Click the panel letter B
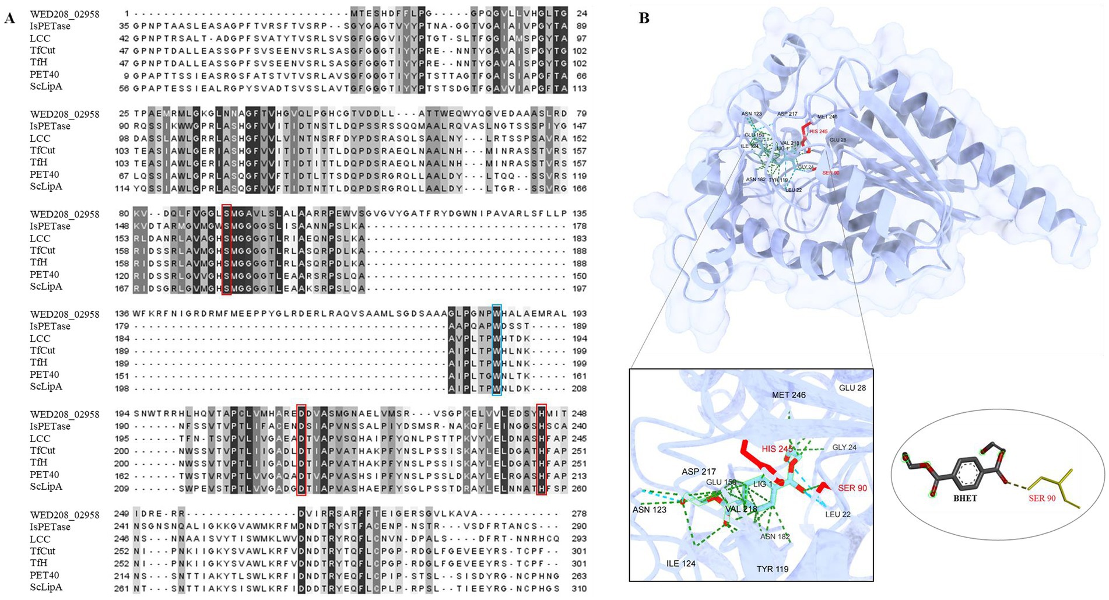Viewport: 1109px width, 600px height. (644, 18)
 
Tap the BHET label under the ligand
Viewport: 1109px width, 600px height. (965, 498)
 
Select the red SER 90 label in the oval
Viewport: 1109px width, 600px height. (1042, 498)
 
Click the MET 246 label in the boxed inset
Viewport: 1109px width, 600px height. (788, 395)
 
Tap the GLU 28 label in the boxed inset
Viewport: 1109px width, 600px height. (852, 388)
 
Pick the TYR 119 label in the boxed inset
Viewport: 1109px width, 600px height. (773, 569)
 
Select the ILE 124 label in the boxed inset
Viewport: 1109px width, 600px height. (681, 563)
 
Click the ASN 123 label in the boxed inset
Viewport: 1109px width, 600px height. (649, 510)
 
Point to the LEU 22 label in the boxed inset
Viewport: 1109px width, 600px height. (838, 514)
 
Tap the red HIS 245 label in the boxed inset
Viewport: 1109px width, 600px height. (777, 448)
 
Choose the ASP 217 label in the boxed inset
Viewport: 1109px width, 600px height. (699, 471)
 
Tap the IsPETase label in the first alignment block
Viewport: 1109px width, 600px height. (50, 26)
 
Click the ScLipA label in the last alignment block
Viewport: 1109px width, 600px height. (46, 587)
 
